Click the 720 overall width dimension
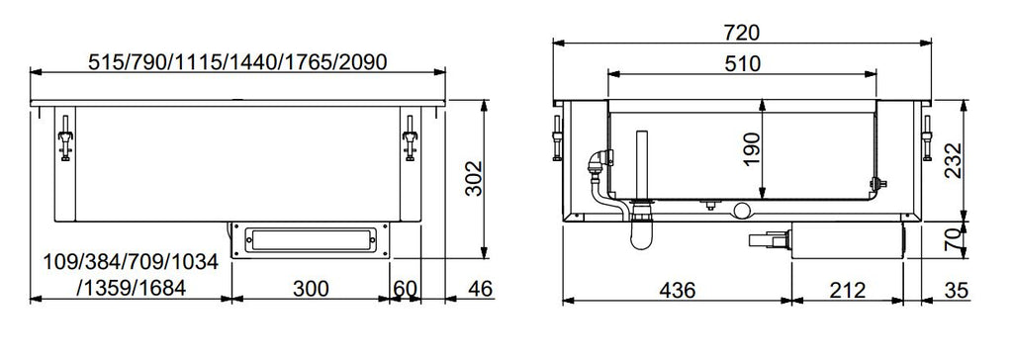click(x=742, y=32)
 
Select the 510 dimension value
click(x=742, y=64)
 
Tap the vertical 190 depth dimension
click(x=754, y=150)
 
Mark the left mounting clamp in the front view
click(x=65, y=137)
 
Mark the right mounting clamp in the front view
click(x=409, y=137)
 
